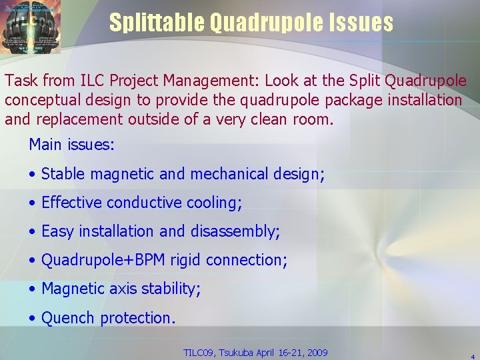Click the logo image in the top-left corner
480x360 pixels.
pos(31,27)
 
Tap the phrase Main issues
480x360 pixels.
pos(71,145)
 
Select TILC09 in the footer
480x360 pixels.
pos(199,353)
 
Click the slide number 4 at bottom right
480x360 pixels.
pos(473,356)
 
